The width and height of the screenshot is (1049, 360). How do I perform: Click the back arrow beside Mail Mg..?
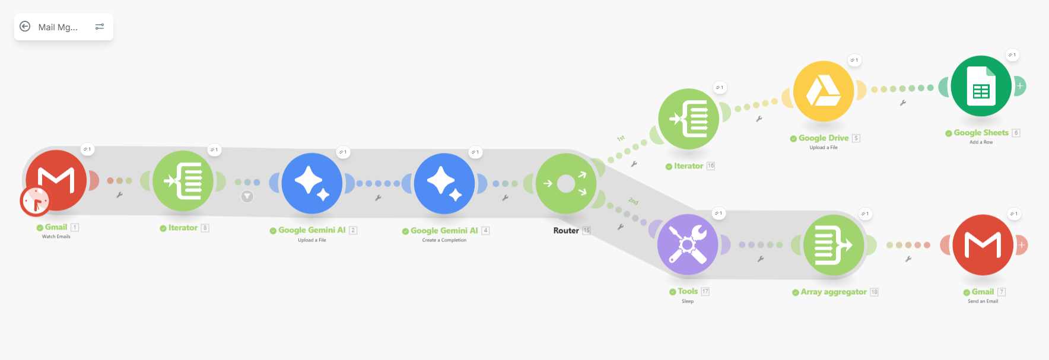pos(25,27)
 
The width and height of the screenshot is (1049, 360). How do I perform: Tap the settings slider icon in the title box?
pos(100,27)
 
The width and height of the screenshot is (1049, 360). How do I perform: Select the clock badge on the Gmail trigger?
pos(35,202)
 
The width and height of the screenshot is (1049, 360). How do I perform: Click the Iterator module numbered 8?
pos(183,181)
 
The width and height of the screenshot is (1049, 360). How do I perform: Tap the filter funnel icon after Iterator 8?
pos(247,196)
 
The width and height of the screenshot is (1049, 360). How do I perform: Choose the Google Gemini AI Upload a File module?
pos(312,183)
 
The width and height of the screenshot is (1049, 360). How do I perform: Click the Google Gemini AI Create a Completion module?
pos(444,183)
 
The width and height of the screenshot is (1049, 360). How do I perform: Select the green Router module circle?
pos(566,183)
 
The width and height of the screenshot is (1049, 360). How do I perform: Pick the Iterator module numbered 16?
pos(688,119)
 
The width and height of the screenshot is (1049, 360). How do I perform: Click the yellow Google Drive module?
pos(824,91)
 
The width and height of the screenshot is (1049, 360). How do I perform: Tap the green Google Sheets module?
pos(981,86)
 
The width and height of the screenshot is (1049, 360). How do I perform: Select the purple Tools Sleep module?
pos(688,244)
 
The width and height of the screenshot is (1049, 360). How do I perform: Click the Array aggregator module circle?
pos(834,244)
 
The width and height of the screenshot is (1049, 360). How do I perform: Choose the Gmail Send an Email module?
pos(983,244)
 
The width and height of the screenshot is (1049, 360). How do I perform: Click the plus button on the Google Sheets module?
pos(1020,86)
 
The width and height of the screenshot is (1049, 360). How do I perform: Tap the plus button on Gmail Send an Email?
pos(1022,244)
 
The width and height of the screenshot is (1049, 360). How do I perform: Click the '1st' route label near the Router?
pos(621,138)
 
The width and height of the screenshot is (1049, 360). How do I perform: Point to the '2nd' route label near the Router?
pos(634,202)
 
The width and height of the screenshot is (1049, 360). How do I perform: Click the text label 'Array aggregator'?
pos(834,292)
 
